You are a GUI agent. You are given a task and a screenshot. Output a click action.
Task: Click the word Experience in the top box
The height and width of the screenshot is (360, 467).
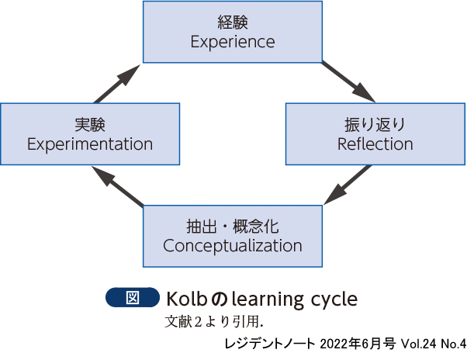point(233,42)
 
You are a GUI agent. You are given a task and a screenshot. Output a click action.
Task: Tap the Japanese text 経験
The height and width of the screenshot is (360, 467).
point(233,22)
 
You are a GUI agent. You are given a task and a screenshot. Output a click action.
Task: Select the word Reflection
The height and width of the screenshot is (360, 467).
point(375,144)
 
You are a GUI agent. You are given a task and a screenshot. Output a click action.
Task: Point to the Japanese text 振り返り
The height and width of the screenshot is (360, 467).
point(375,124)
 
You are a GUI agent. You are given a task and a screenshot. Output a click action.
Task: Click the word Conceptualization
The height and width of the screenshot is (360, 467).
point(233,246)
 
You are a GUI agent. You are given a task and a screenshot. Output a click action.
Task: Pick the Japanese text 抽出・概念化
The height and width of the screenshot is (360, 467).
point(233,227)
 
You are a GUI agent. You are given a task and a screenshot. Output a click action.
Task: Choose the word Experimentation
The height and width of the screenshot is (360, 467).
point(90,144)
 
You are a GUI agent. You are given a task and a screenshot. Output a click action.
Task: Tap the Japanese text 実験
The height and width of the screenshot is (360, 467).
point(90,124)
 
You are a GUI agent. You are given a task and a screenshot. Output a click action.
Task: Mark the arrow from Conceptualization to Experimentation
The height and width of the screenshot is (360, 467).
point(117,187)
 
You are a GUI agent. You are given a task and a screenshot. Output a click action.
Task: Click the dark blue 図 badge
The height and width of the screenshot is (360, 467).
point(132,297)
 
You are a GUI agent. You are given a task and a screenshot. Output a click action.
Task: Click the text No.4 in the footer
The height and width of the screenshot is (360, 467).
point(451,342)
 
